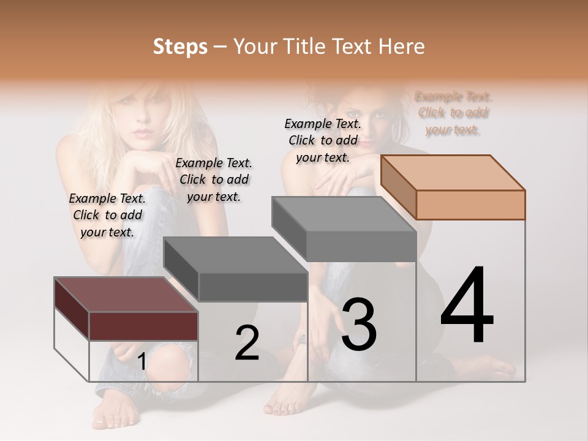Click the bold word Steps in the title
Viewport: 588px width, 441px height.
click(x=180, y=47)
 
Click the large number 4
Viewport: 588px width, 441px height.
click(x=467, y=306)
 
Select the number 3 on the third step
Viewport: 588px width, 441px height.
click(x=358, y=325)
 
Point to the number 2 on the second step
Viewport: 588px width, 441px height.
click(x=247, y=343)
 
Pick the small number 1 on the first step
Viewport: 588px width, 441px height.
click(x=141, y=362)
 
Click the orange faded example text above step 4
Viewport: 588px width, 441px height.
click(x=453, y=113)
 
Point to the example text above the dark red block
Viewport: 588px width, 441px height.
click(x=107, y=215)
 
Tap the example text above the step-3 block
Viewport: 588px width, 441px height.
click(x=323, y=140)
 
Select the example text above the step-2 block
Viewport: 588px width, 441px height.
click(x=214, y=179)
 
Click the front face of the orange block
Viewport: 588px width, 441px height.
click(x=470, y=205)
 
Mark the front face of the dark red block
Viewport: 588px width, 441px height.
click(x=143, y=326)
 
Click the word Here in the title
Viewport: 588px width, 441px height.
click(x=402, y=47)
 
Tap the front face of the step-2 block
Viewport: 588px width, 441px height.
click(x=253, y=287)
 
